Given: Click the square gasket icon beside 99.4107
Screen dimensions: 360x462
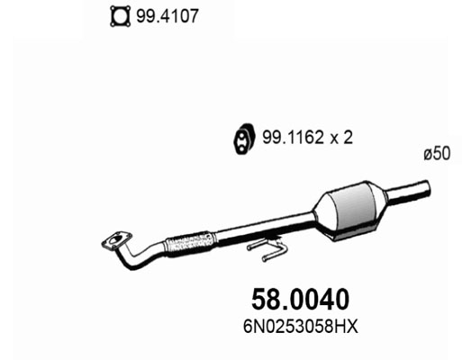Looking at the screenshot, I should [x=118, y=15].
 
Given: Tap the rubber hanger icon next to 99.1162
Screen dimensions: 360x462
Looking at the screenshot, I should [x=241, y=139].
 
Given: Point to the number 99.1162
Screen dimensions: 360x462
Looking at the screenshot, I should [x=289, y=139].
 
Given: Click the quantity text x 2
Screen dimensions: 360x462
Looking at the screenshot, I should [x=339, y=139].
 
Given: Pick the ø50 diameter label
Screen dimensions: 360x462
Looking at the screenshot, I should [x=436, y=155].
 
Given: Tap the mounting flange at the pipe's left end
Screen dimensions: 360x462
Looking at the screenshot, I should [x=114, y=240].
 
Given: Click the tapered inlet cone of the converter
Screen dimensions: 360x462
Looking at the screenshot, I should [x=322, y=219].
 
